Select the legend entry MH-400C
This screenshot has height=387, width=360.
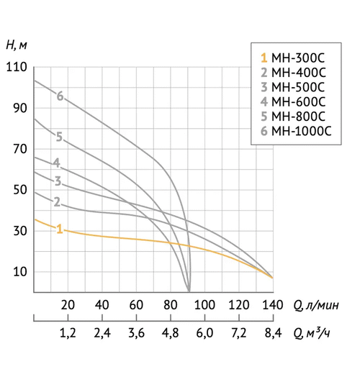click(294, 72)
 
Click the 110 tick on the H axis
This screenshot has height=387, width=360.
click(16, 68)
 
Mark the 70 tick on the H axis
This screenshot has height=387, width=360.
click(19, 150)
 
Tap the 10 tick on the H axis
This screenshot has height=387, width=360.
click(19, 272)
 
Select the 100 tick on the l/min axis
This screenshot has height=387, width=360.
click(204, 304)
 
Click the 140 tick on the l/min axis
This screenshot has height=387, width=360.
click(272, 304)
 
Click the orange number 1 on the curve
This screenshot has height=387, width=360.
click(60, 229)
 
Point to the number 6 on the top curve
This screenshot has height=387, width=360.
click(60, 96)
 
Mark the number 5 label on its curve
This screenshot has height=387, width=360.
click(59, 137)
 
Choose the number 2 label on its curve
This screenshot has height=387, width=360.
click(56, 201)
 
